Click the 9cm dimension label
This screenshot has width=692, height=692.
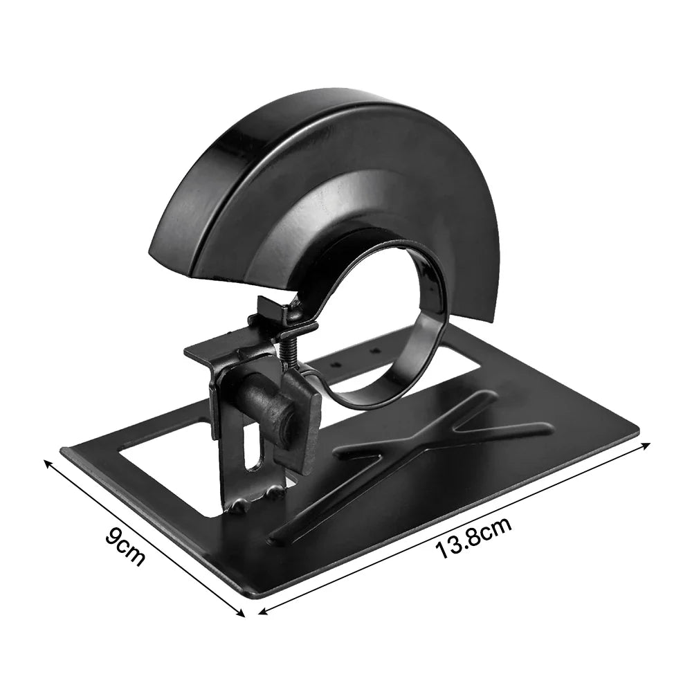click(125, 547)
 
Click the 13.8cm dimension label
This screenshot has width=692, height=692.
click(474, 539)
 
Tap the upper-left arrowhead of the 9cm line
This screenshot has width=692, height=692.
click(47, 462)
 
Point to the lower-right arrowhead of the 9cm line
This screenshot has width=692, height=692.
click(243, 614)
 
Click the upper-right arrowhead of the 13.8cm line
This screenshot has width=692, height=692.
click(648, 444)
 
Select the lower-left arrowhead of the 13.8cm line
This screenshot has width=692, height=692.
click(262, 612)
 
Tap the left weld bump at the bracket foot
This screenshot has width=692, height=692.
click(239, 506)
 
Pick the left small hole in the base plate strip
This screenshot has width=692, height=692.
click(337, 363)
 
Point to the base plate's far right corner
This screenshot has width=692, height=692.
click(637, 435)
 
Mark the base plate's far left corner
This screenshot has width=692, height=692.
click(64, 450)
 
